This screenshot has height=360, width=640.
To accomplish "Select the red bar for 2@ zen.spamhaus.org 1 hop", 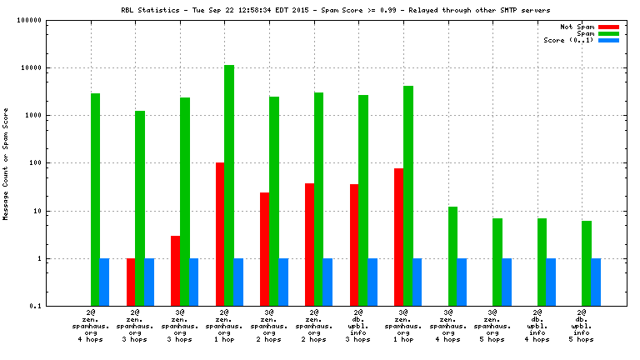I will (220, 234).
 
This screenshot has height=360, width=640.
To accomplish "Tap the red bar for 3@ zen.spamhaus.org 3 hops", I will (175, 271).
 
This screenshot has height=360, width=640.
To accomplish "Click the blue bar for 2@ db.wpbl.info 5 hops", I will (596, 282).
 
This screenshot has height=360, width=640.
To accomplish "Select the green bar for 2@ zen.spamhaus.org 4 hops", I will (96, 199).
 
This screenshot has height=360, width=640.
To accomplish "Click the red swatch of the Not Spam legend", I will (608, 27).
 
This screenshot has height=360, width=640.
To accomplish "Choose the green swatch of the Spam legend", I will (608, 33).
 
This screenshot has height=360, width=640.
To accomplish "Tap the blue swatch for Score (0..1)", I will (608, 40).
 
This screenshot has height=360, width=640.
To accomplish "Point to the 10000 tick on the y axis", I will (52, 68).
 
